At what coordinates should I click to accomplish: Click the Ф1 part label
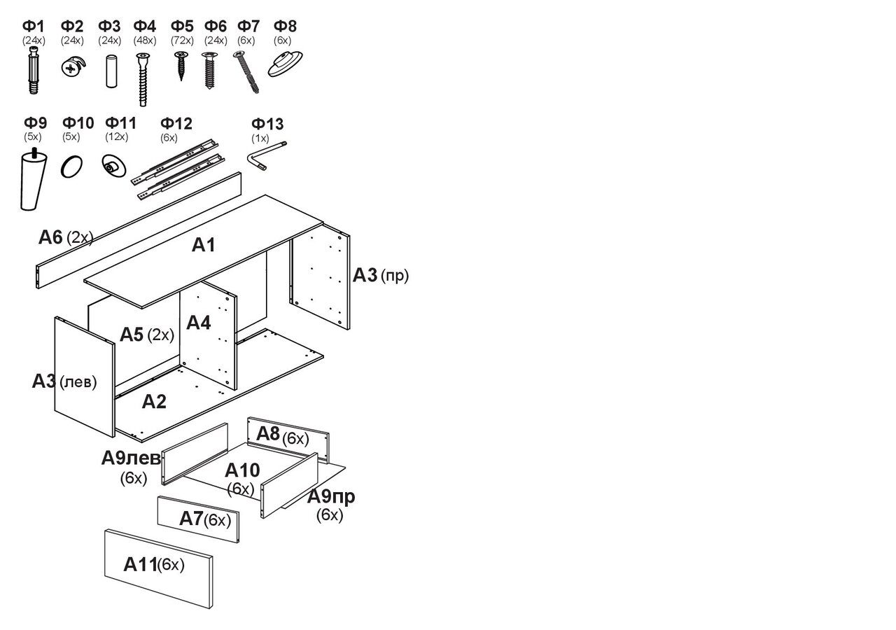pos(33,27)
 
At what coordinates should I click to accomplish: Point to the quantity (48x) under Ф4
pos(144,40)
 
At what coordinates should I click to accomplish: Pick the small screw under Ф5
pos(181,64)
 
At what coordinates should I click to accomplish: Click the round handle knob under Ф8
pos(284,64)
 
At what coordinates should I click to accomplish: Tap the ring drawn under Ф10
pos(71,167)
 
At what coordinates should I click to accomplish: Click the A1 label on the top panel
pos(204,245)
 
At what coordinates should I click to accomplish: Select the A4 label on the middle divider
pos(198,323)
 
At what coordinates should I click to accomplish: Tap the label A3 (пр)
pos(380,275)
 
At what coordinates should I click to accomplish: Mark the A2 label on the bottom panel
pos(154,401)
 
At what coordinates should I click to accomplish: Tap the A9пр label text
pos(331,497)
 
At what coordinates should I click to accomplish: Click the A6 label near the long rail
pos(65,237)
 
